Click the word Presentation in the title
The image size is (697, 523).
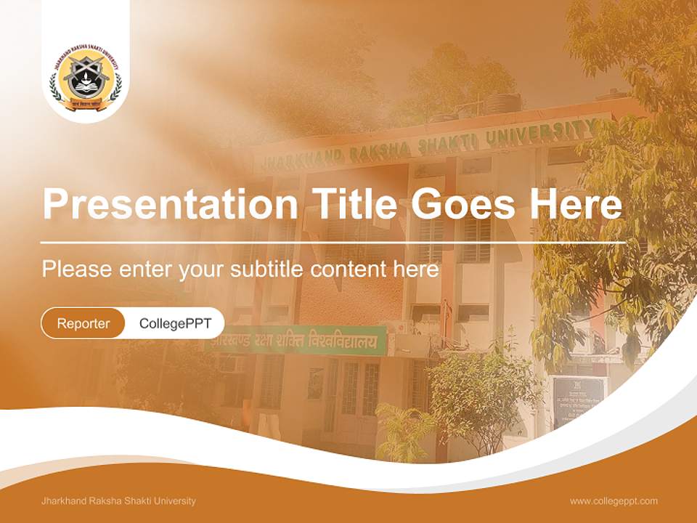[170, 205]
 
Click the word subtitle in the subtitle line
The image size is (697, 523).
[268, 269]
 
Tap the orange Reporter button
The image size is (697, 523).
[83, 323]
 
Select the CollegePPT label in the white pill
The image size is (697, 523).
[175, 323]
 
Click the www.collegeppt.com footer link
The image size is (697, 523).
[614, 500]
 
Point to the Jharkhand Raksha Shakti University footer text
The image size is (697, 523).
[119, 500]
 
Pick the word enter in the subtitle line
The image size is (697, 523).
[144, 269]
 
